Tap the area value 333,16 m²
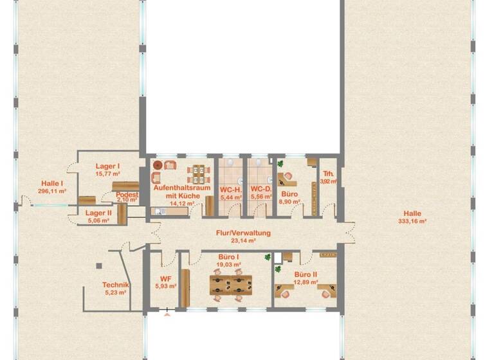[413, 221]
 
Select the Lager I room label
[109, 166]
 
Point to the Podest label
[127, 194]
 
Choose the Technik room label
[116, 285]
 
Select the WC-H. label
[230, 190]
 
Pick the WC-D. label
[261, 190]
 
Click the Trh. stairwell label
[328, 174]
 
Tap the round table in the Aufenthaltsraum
[158, 165]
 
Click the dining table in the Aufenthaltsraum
[199, 172]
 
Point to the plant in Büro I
[268, 257]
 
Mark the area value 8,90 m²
[289, 201]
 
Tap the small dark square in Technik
[99, 264]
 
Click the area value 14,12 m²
[172, 203]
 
